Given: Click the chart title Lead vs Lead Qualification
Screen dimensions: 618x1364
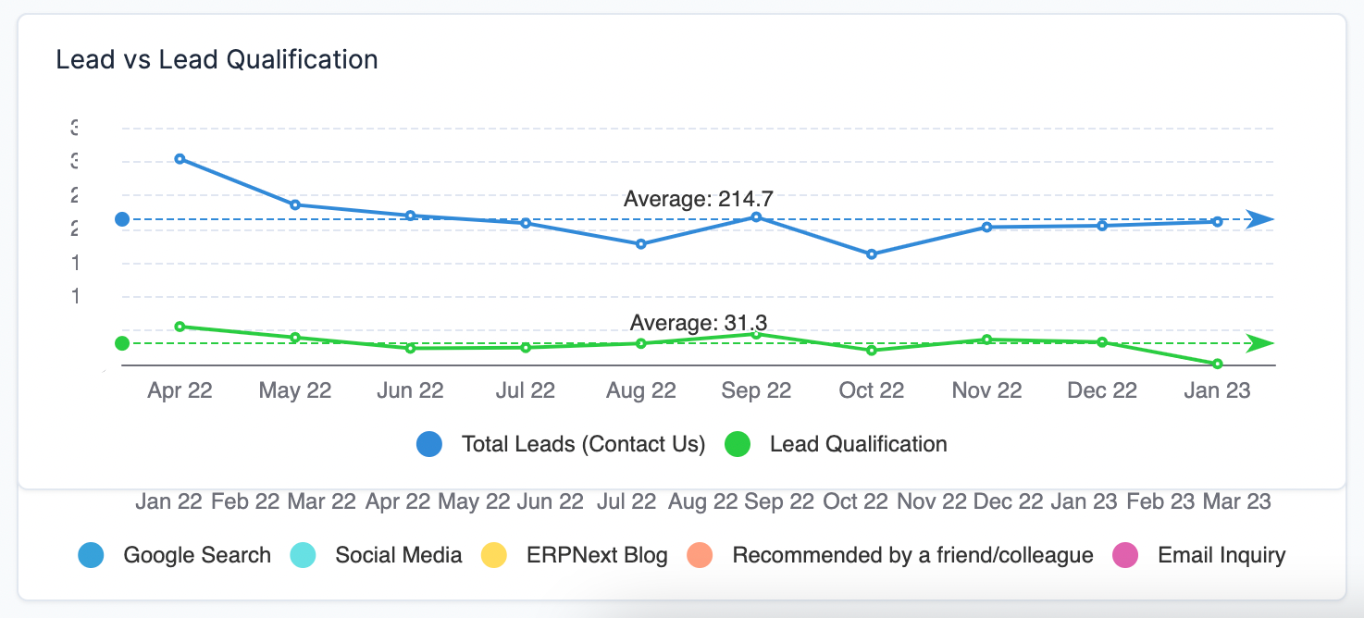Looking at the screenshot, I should point(217,59).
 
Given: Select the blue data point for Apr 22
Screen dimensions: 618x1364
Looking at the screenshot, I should point(180,159).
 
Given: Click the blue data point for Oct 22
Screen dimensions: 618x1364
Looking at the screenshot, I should point(871,253).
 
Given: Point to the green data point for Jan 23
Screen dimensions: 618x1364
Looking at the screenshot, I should point(1217,364).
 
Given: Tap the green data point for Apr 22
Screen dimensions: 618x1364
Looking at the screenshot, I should point(180,327).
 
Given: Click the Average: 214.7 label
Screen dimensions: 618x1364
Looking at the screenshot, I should point(698,199).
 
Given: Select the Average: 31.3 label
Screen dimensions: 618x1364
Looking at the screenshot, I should point(698,323).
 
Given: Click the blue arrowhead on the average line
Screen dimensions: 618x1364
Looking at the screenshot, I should point(1259,219).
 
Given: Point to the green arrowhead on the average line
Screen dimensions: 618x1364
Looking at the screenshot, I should point(1259,343).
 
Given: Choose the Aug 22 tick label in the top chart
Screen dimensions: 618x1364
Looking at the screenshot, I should point(640,390).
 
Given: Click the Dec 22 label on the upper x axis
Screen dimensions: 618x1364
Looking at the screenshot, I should point(1101,390).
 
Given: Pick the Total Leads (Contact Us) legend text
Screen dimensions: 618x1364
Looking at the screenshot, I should point(583,444).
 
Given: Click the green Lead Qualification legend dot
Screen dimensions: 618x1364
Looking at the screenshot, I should point(738,444).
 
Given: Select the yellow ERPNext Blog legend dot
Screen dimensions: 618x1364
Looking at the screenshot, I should point(494,555).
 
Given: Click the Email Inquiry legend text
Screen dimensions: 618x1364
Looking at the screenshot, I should point(1221,555).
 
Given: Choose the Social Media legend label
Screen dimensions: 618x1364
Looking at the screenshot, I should point(398,555).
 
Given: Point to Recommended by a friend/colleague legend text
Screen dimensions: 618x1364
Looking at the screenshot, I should point(912,555).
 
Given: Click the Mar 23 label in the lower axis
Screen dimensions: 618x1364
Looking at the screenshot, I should point(1236,501).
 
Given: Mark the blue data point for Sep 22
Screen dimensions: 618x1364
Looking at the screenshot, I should point(756,217).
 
